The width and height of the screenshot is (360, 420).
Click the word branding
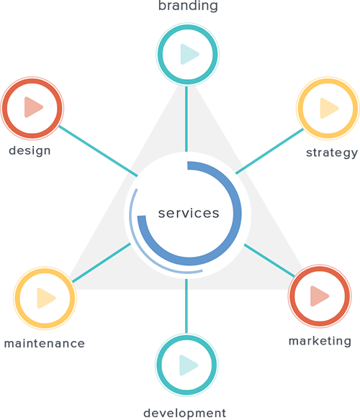188,6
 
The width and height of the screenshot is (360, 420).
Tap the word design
30,151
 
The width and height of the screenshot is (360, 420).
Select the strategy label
332,153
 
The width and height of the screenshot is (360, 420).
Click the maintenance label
45,343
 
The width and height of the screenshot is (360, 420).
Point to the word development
185,414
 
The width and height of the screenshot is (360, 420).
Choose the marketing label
320,341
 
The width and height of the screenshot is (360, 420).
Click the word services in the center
189,213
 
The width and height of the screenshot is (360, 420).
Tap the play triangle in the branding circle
189,54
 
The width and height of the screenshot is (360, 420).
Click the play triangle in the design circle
34,107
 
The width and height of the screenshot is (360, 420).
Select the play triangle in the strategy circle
330,108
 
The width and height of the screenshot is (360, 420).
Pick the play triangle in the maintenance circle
46,298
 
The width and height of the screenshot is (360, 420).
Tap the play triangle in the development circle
189,365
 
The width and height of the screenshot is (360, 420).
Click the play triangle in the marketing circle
320,296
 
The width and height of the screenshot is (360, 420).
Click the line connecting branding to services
186,119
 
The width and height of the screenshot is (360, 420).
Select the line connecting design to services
98,151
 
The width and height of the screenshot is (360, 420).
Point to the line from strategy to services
269,151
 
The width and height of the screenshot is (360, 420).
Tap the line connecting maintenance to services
102,262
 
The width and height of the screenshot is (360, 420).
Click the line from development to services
186,306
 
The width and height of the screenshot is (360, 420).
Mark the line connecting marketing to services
269,260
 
